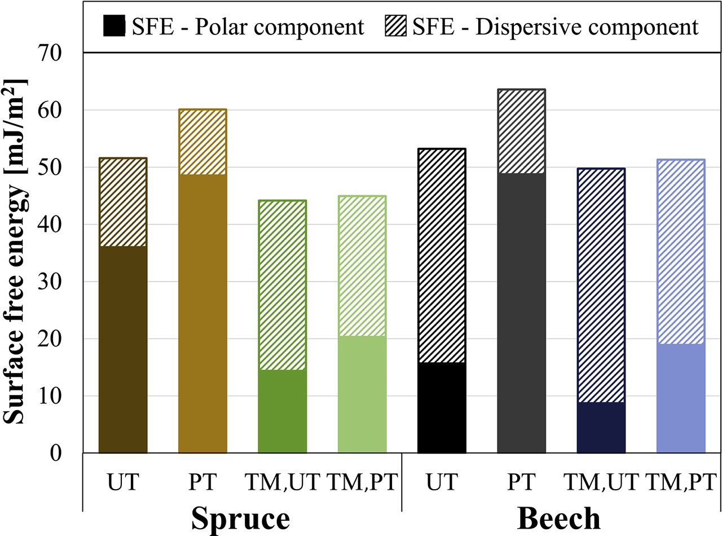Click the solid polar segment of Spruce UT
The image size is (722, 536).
point(123,349)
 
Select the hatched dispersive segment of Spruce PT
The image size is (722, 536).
point(202,142)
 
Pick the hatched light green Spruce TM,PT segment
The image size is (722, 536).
point(362,266)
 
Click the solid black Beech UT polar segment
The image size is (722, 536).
point(442,407)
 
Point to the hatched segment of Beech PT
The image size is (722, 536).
point(521,131)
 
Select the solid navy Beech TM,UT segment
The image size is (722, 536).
point(601,427)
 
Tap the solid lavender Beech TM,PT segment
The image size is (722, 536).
point(681,398)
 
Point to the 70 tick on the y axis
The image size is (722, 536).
point(62,53)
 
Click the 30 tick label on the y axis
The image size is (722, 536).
point(62,282)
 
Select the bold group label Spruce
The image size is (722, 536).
point(241,518)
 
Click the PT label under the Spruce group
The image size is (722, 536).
point(202,483)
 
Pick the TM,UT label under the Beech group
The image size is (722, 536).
point(601,483)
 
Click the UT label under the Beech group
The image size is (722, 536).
point(442,483)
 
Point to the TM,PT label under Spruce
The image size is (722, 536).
point(362,483)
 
